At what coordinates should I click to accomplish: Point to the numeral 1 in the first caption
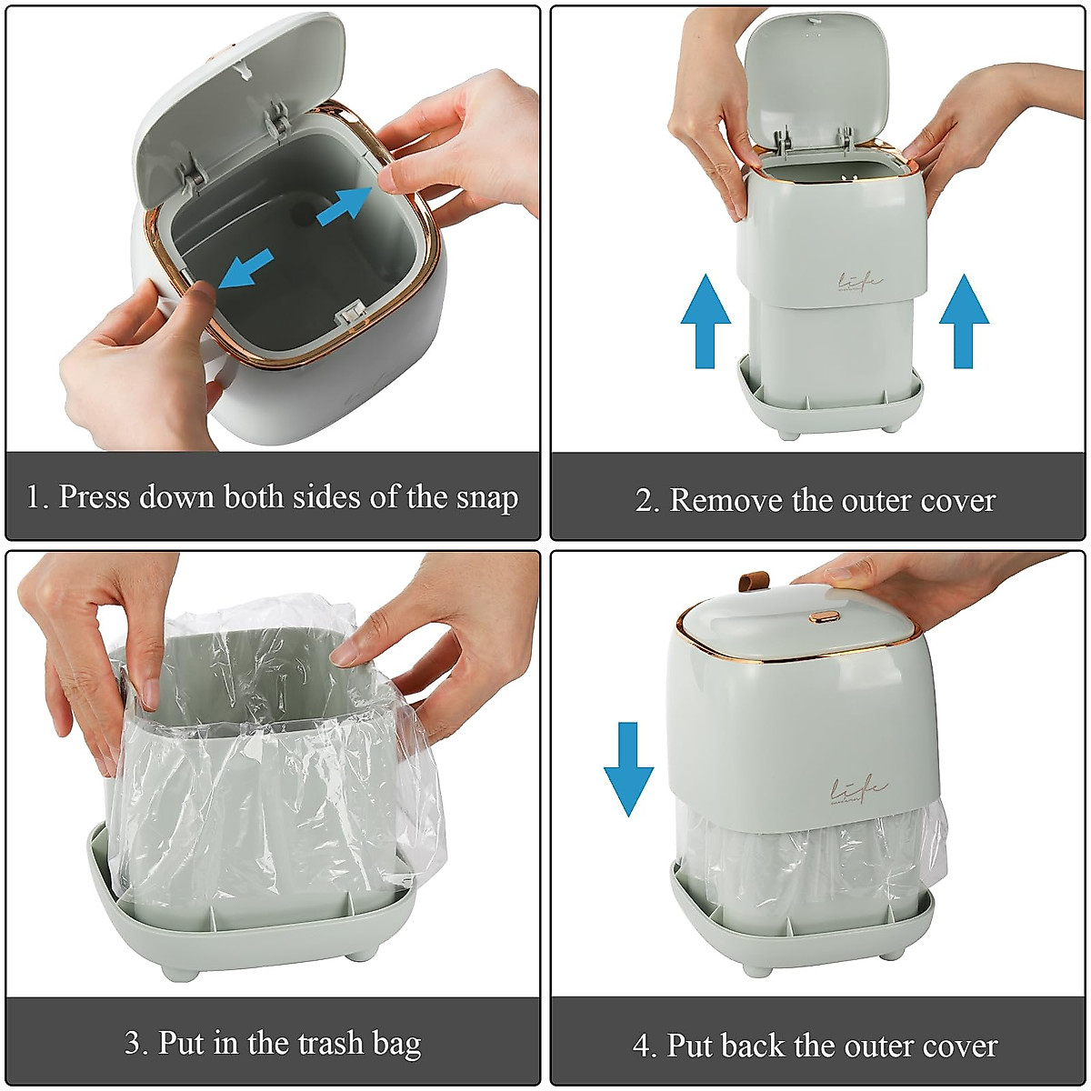click(x=34, y=497)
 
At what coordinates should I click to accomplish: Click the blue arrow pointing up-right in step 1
click(x=345, y=205)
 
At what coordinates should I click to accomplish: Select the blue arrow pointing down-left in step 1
click(x=246, y=270)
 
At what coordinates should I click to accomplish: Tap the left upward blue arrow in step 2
click(x=706, y=322)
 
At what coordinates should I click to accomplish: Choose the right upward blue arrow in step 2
click(x=964, y=322)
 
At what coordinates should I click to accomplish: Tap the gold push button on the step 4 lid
click(x=824, y=616)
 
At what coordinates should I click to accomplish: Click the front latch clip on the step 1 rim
click(x=350, y=315)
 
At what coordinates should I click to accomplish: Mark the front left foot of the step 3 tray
click(x=179, y=971)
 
